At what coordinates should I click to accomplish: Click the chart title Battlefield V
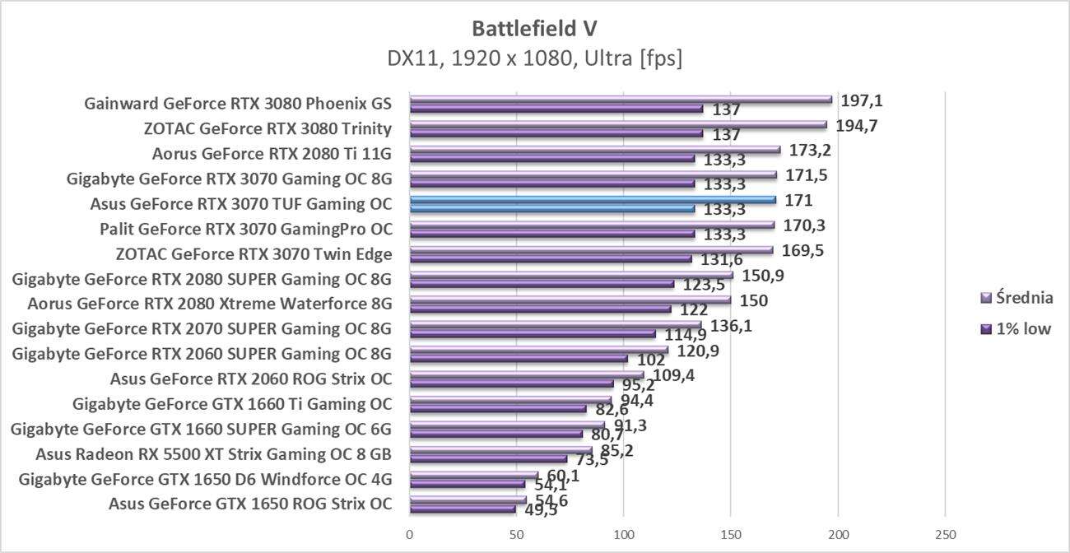tap(534, 29)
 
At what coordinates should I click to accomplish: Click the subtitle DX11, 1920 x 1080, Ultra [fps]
tap(534, 59)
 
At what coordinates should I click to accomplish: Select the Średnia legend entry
tap(1016, 298)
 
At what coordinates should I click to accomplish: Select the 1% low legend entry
tap(1014, 329)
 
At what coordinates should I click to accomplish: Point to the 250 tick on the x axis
tap(945, 535)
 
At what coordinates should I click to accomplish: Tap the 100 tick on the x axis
tap(624, 535)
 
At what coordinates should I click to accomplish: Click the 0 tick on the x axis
tap(410, 535)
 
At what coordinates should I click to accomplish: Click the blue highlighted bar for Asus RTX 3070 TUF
tap(593, 199)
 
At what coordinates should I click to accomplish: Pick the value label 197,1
tap(862, 100)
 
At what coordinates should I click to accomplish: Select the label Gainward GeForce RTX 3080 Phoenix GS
tap(237, 104)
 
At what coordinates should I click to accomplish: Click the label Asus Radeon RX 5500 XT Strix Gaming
tap(213, 453)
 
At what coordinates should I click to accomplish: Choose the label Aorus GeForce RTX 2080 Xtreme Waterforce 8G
tap(209, 304)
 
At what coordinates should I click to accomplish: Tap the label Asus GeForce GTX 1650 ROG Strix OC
tap(249, 504)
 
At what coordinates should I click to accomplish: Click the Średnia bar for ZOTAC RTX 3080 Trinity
tap(617, 124)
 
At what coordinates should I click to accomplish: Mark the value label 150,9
tap(762, 275)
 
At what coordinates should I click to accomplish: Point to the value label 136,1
tap(732, 325)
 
